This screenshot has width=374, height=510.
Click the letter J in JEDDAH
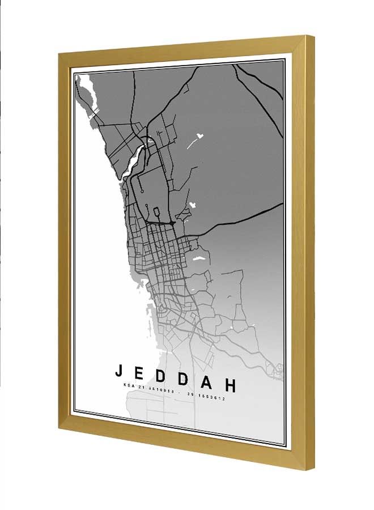[119, 371]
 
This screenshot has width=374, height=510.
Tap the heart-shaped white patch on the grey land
[199, 136]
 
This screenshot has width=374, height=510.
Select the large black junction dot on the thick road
[172, 224]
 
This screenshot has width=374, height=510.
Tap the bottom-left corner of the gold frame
[59, 430]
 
